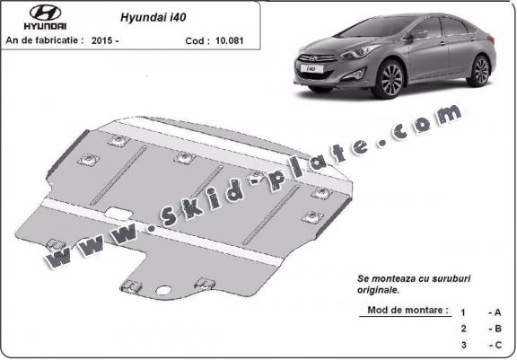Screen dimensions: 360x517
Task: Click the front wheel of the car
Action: tap(392, 80)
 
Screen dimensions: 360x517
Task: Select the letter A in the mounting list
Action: tap(494, 312)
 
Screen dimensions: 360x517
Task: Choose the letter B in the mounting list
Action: tap(494, 329)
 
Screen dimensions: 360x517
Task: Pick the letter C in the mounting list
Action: tap(494, 345)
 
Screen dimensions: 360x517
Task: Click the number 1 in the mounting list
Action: tap(462, 312)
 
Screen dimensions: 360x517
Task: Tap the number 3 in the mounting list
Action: tap(462, 345)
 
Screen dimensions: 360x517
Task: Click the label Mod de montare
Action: tap(408, 310)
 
